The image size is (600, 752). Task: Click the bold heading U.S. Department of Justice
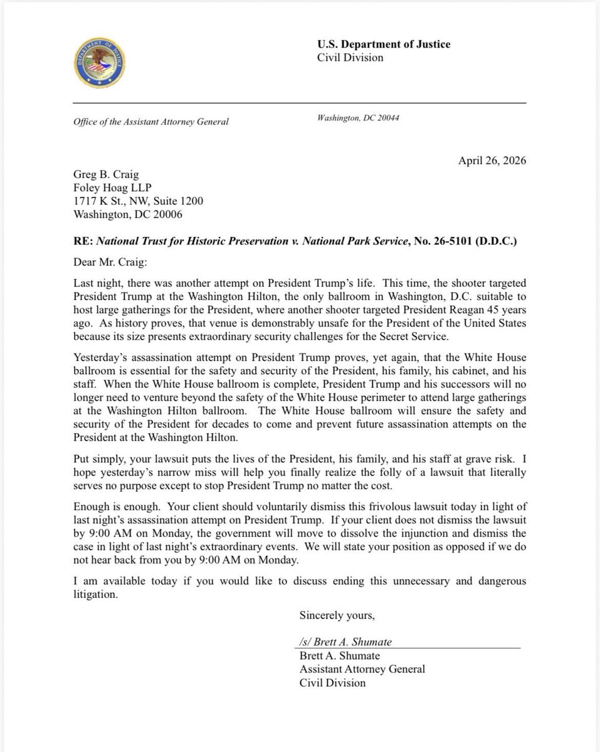tap(384, 44)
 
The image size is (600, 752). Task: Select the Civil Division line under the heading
tap(350, 58)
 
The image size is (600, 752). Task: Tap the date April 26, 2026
tap(493, 160)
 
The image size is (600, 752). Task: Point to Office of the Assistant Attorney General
tap(151, 122)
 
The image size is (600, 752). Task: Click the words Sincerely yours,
tap(337, 615)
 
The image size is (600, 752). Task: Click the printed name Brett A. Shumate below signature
tap(340, 655)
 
